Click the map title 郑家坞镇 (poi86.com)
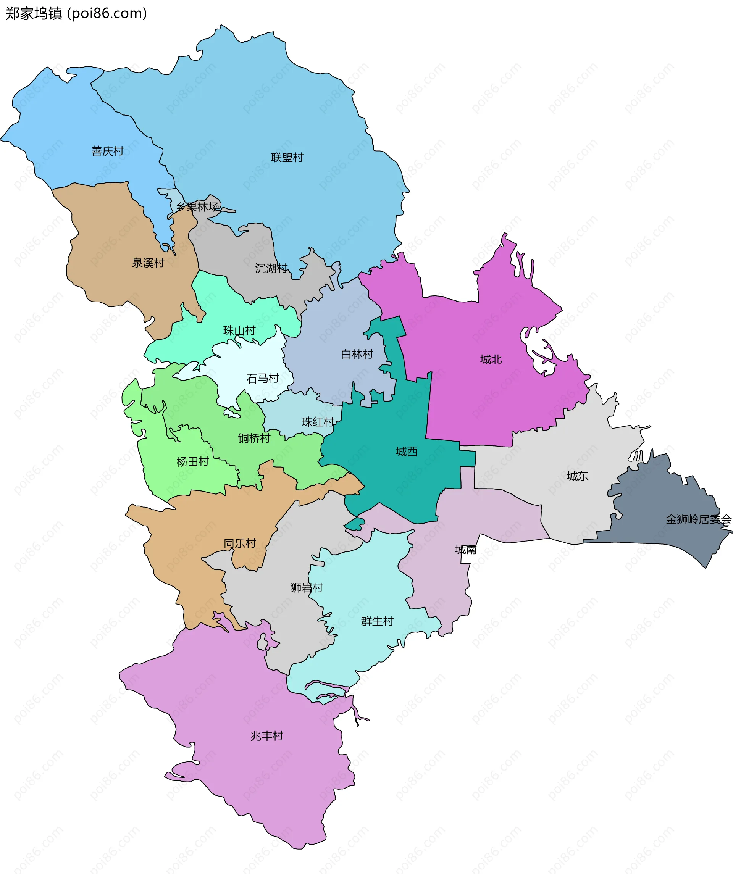(x=76, y=14)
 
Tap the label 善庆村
(x=107, y=151)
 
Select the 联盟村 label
(x=287, y=157)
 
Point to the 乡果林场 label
(x=197, y=207)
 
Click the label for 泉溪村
(x=148, y=263)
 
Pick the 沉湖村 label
(x=271, y=268)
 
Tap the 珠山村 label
(x=239, y=331)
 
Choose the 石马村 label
(x=263, y=378)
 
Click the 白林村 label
(x=357, y=354)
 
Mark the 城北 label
(x=491, y=359)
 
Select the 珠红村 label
(x=318, y=422)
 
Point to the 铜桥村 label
(x=254, y=438)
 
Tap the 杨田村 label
(x=193, y=461)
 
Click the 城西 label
(x=407, y=452)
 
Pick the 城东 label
(x=578, y=476)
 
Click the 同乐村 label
(x=240, y=543)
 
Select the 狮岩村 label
(x=307, y=588)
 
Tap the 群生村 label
(x=377, y=621)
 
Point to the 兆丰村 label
(x=267, y=736)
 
